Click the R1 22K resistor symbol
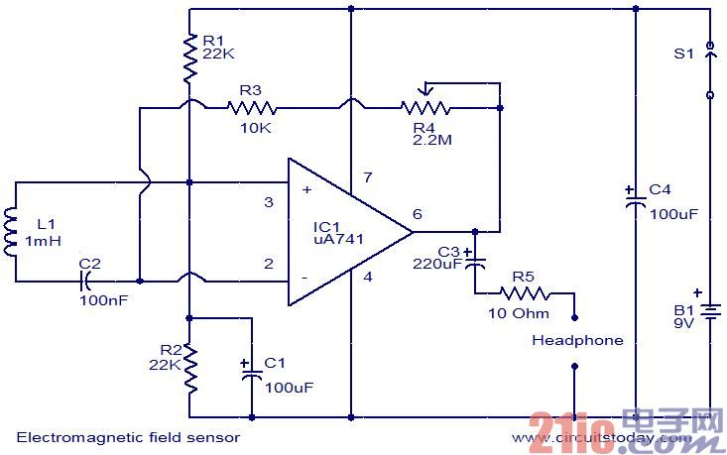click(188, 57)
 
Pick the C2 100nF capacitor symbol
click(86, 282)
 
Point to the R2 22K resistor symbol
click(188, 366)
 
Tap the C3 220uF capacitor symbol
click(475, 259)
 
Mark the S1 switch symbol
click(708, 69)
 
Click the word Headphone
click(577, 340)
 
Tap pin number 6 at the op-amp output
click(418, 214)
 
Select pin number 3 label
click(268, 203)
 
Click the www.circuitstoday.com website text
click(601, 437)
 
